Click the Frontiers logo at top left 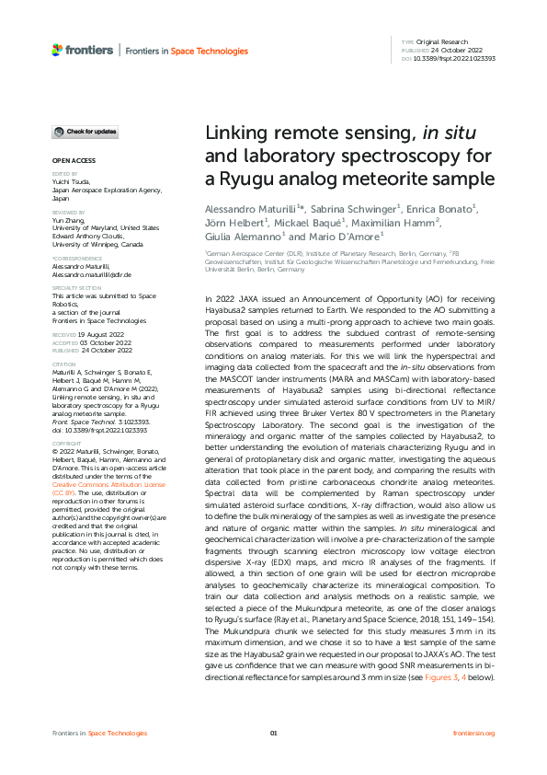(x=83, y=50)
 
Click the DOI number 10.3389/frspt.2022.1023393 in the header (x=455, y=58)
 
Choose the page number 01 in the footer (x=273, y=733)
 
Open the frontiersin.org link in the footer (x=474, y=733)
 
